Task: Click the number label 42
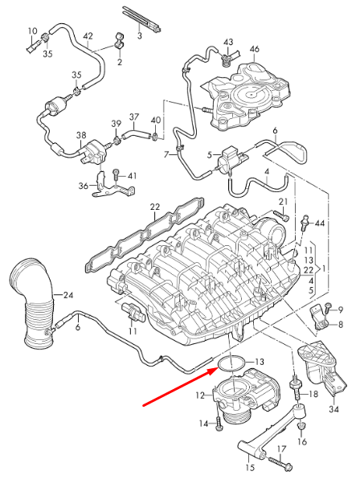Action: pyautogui.click(x=88, y=37)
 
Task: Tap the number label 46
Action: pyautogui.click(x=254, y=50)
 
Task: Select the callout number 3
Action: pyautogui.click(x=139, y=36)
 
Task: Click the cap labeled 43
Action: pyautogui.click(x=227, y=56)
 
